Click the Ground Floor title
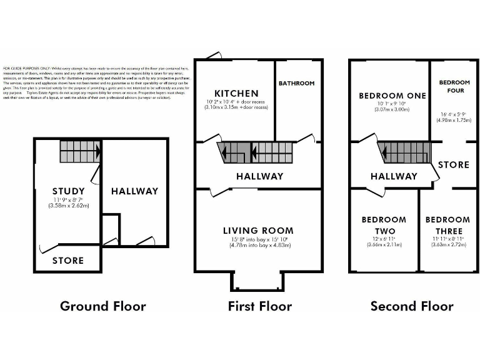coord(102,306)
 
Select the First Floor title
coord(259,306)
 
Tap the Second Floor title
coord(412,306)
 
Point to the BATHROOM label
coord(296,83)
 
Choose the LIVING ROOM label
coord(258,231)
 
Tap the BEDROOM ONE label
coord(392,96)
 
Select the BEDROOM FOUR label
coord(454,86)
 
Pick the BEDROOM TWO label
coord(384,226)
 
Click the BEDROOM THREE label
coord(447,226)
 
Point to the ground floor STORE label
coord(68,260)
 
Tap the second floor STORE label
coord(453,165)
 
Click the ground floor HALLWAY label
coord(134,191)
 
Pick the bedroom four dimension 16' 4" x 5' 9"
coord(454,114)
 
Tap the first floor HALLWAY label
coord(259,176)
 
